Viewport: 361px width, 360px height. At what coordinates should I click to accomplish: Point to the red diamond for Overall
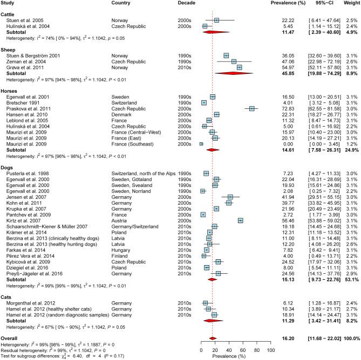[213, 338]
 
